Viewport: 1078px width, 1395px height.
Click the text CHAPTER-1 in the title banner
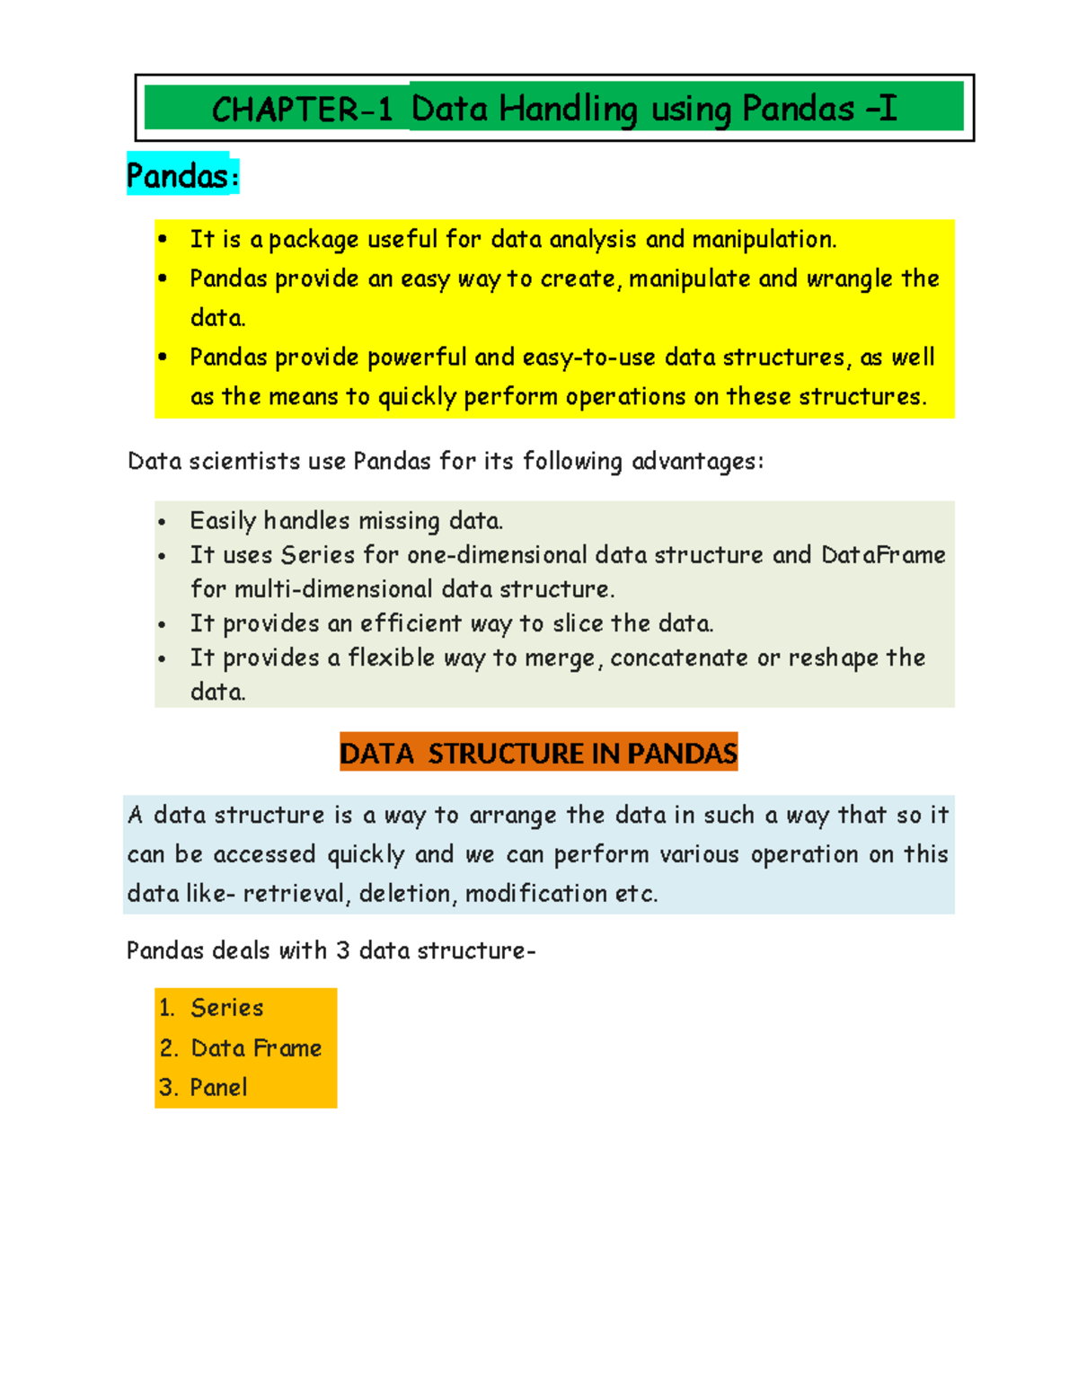coord(302,110)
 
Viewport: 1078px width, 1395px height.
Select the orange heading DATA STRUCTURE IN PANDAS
coord(538,753)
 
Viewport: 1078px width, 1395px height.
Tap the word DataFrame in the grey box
coord(883,555)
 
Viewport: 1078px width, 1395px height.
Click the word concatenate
coord(679,658)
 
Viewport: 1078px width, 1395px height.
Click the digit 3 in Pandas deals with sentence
coord(342,950)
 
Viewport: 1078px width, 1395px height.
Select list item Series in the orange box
coord(226,1008)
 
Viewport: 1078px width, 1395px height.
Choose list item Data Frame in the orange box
coord(256,1048)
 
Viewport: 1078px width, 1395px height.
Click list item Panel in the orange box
coord(218,1088)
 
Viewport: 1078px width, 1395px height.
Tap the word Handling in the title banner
coord(568,110)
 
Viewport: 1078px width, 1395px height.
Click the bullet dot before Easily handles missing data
coord(162,522)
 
